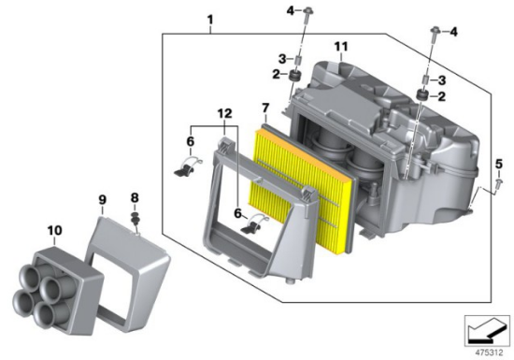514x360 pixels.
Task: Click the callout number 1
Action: pos(210,20)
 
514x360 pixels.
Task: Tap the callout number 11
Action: pos(341,47)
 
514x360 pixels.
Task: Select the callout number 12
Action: pos(225,114)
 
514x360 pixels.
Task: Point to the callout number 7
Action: pos(265,108)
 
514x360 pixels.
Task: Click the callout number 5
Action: pos(499,164)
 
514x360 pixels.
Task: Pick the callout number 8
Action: pos(135,197)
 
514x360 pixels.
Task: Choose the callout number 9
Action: pos(102,200)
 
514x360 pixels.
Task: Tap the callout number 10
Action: pos(54,230)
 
